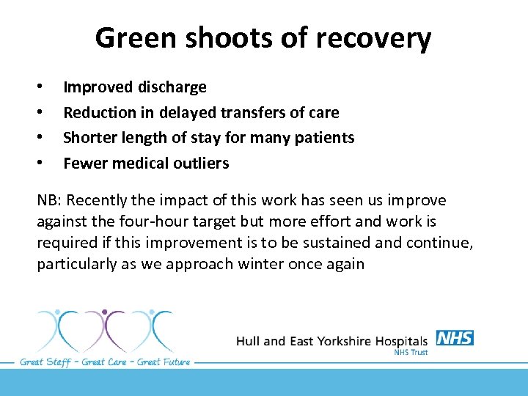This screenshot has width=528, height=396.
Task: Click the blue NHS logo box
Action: (455, 338)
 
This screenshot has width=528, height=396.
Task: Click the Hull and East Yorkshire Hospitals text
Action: (331, 341)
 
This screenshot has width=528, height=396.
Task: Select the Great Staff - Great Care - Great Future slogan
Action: (105, 362)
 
